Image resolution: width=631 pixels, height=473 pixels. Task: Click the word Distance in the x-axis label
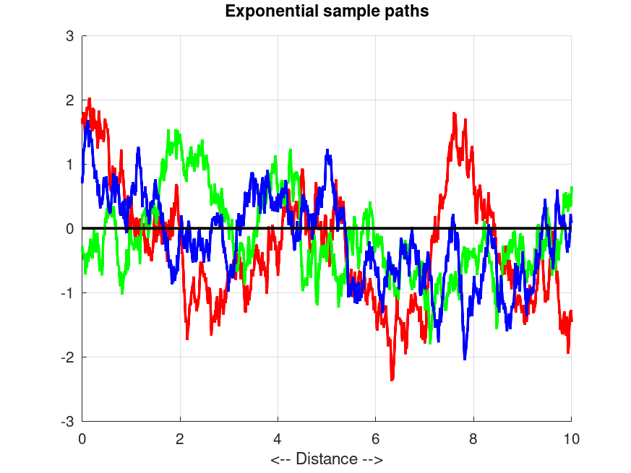pos(327,459)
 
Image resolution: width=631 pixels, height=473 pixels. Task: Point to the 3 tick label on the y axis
pos(70,36)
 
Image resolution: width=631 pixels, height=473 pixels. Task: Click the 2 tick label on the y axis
pos(70,100)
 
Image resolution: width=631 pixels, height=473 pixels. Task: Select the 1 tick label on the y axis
pos(70,165)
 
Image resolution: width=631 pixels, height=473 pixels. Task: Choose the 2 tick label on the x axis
pos(180,438)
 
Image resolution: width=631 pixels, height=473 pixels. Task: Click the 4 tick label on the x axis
pos(278,438)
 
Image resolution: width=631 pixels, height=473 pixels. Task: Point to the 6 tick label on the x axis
pos(376,438)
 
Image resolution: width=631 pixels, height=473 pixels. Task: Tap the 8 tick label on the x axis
pos(473,438)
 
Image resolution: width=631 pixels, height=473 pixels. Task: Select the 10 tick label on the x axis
pos(571,438)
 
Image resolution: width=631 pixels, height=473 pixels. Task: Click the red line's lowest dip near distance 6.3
pos(392,379)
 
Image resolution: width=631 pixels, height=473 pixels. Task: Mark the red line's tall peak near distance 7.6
pos(454,113)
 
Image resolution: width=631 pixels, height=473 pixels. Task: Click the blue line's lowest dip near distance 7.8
pos(465,358)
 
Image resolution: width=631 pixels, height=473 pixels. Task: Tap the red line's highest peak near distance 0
pos(89,99)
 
